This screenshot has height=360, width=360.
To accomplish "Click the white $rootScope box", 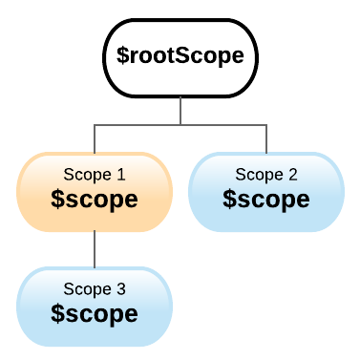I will point(180,56).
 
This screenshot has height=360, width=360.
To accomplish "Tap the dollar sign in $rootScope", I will point(122,56).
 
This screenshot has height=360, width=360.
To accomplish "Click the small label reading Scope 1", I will point(94,175).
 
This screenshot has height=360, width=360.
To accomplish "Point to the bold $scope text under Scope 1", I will point(94,200).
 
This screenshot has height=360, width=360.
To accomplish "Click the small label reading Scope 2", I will point(265,175).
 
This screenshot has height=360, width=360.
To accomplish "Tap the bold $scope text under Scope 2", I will point(265,200).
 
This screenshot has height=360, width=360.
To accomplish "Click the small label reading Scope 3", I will point(94,288).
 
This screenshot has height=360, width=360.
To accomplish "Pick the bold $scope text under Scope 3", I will point(94,313).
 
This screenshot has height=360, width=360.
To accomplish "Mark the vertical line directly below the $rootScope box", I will point(180,110).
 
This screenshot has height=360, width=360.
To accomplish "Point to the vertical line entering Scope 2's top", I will point(265,138).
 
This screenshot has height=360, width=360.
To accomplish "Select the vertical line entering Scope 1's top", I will point(94,138).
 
